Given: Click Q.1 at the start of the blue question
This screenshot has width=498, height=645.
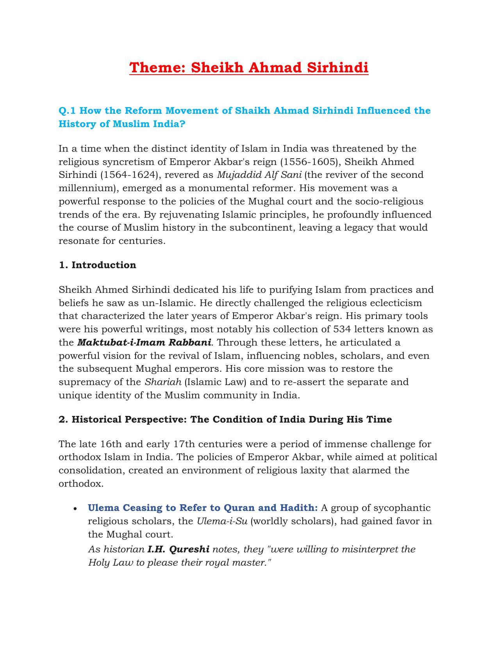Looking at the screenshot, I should pyautogui.click(x=66, y=111).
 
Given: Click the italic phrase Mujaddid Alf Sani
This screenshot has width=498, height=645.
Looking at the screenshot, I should pyautogui.click(x=259, y=175).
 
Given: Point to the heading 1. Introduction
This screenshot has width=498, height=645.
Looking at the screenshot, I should pyautogui.click(x=97, y=265).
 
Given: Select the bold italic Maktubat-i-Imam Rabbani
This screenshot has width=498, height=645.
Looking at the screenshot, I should pyautogui.click(x=144, y=342).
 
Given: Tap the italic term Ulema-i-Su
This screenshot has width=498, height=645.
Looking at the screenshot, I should pyautogui.click(x=222, y=521).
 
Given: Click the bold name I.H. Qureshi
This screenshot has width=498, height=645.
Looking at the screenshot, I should pyautogui.click(x=178, y=549).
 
